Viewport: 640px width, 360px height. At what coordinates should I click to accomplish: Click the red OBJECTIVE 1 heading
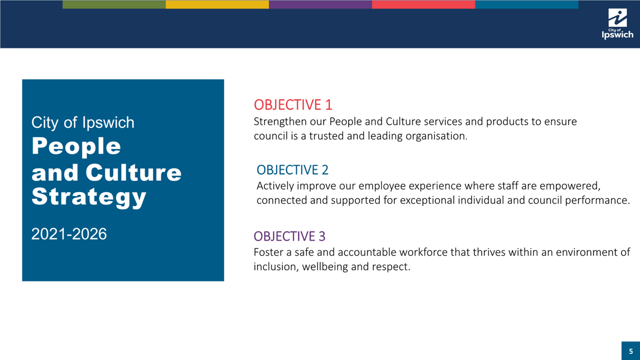[293, 105]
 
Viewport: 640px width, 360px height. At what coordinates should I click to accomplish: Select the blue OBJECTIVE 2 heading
[292, 170]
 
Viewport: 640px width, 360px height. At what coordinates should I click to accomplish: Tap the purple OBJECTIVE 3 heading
[290, 236]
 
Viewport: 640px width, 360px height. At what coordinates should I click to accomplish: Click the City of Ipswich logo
[618, 23]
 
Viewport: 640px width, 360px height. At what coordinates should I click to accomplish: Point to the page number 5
[631, 351]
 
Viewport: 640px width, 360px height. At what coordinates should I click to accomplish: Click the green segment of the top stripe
[114, 4]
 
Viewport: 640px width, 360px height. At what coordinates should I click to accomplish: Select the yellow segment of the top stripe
[217, 4]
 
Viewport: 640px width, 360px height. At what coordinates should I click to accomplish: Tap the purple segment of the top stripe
[320, 4]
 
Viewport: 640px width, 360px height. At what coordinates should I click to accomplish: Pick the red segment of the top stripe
[423, 4]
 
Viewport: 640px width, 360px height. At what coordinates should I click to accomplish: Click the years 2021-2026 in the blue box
[69, 234]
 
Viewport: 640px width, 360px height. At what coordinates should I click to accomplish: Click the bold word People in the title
[76, 146]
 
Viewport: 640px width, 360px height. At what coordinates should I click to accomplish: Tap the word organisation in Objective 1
[437, 136]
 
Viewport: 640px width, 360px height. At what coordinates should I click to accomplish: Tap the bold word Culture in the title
[134, 172]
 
